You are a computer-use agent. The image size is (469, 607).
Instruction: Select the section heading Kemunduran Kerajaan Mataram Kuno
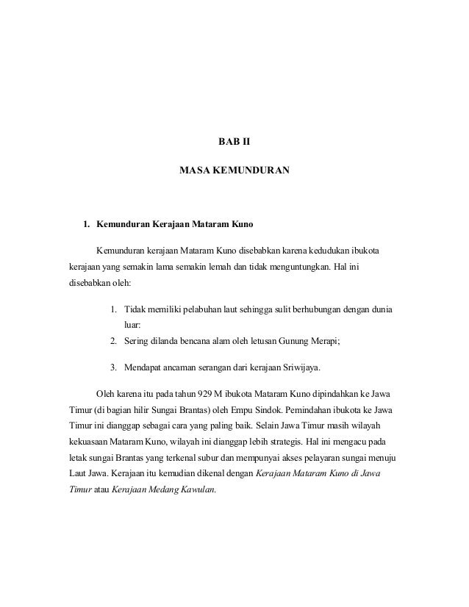click(175, 221)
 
